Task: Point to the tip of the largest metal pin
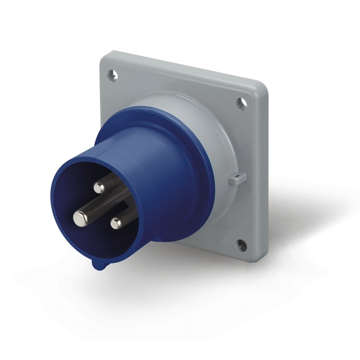pos(81,218)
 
